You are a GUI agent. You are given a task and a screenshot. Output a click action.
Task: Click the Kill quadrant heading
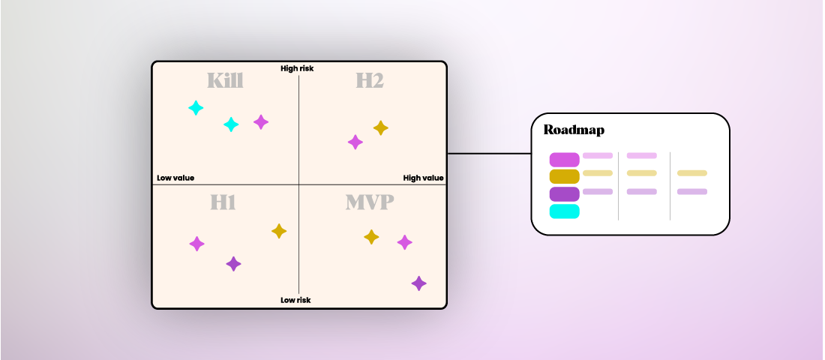point(225,81)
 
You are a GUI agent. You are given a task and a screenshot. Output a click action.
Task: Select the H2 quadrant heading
point(370,81)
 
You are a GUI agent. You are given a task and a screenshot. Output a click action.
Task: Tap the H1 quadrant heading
point(223,202)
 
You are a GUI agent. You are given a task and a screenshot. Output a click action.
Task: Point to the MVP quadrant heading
point(370,202)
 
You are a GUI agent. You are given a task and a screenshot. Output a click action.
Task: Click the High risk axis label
point(297,68)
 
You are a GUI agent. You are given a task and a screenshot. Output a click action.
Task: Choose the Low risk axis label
point(295,300)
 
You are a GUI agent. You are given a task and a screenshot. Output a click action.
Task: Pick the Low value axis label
point(175,178)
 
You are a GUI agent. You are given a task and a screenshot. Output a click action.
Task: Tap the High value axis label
point(423,178)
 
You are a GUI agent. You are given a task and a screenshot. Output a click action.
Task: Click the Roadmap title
point(574,130)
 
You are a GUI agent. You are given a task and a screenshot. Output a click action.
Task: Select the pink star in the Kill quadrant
point(261,121)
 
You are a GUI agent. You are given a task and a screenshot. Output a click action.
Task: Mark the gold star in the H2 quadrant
point(381,128)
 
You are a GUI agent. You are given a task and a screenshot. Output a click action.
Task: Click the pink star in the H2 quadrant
point(355,142)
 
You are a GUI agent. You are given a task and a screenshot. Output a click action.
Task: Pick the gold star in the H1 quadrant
point(279,231)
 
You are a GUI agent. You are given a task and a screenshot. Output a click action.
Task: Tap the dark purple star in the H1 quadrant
point(234,264)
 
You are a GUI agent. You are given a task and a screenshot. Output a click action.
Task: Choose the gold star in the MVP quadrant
point(371,237)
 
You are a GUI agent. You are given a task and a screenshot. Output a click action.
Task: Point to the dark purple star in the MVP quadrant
point(419,283)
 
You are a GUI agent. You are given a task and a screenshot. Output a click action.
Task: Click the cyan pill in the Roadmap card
point(564,211)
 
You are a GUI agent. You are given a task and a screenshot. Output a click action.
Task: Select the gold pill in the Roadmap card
point(564,177)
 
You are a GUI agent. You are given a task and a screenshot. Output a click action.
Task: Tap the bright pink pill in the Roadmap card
point(564,160)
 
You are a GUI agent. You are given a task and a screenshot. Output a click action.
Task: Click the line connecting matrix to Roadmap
point(489,154)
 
